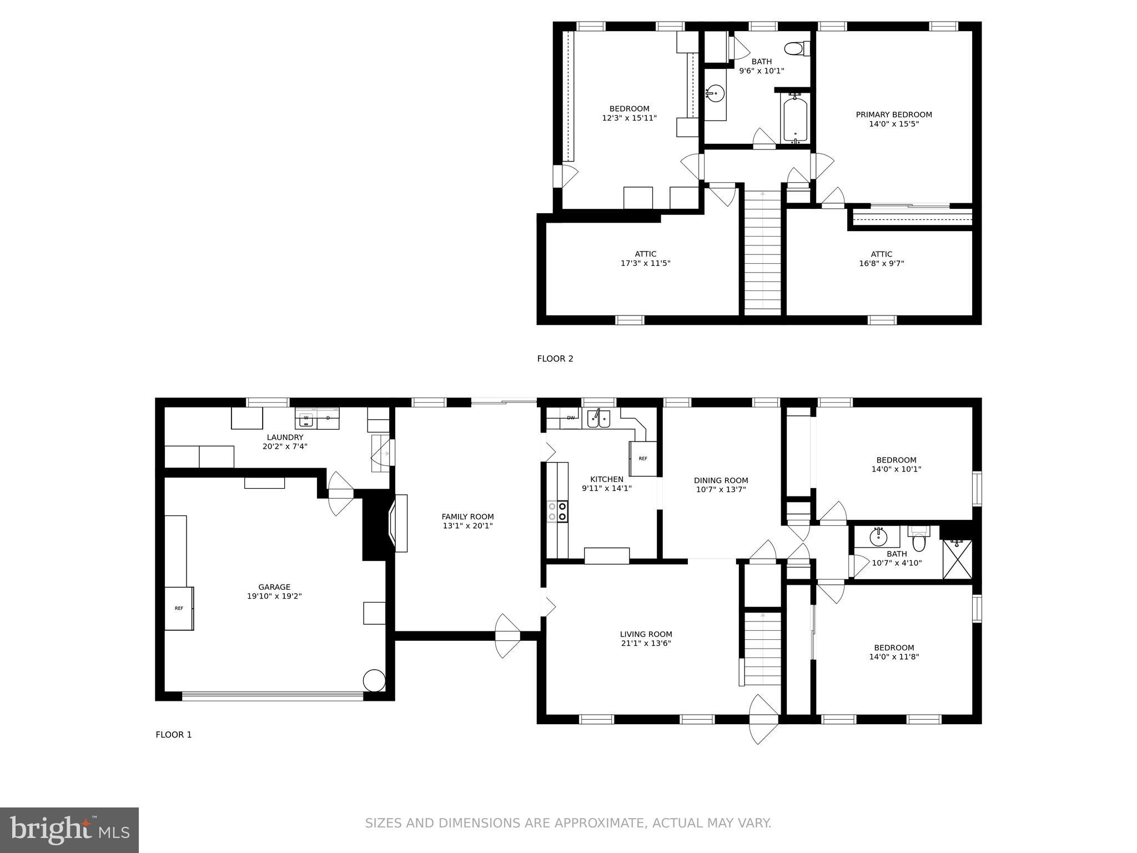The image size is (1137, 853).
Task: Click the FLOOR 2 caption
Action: [x=555, y=359]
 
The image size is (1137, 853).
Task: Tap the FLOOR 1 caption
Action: [x=173, y=735]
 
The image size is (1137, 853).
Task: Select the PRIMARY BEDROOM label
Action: [x=893, y=115]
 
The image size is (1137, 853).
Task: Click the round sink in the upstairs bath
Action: [x=715, y=94]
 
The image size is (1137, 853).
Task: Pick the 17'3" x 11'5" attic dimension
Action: [x=645, y=263]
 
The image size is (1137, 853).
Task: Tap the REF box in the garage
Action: [x=179, y=608]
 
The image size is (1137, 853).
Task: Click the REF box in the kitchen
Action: [x=643, y=459]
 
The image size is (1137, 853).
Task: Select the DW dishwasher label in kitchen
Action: [x=570, y=418]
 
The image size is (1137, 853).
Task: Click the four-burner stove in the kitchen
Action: [x=557, y=511]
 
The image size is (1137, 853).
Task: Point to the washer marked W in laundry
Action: [x=305, y=418]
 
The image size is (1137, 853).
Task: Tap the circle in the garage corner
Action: [x=374, y=680]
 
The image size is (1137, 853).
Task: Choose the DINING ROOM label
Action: [x=721, y=480]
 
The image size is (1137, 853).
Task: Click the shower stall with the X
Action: [x=957, y=559]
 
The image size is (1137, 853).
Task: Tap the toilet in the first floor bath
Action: [x=919, y=540]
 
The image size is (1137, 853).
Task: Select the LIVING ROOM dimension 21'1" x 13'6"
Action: [x=646, y=644]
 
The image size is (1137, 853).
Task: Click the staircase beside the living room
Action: [x=762, y=649]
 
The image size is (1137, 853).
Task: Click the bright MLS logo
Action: [x=69, y=830]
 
